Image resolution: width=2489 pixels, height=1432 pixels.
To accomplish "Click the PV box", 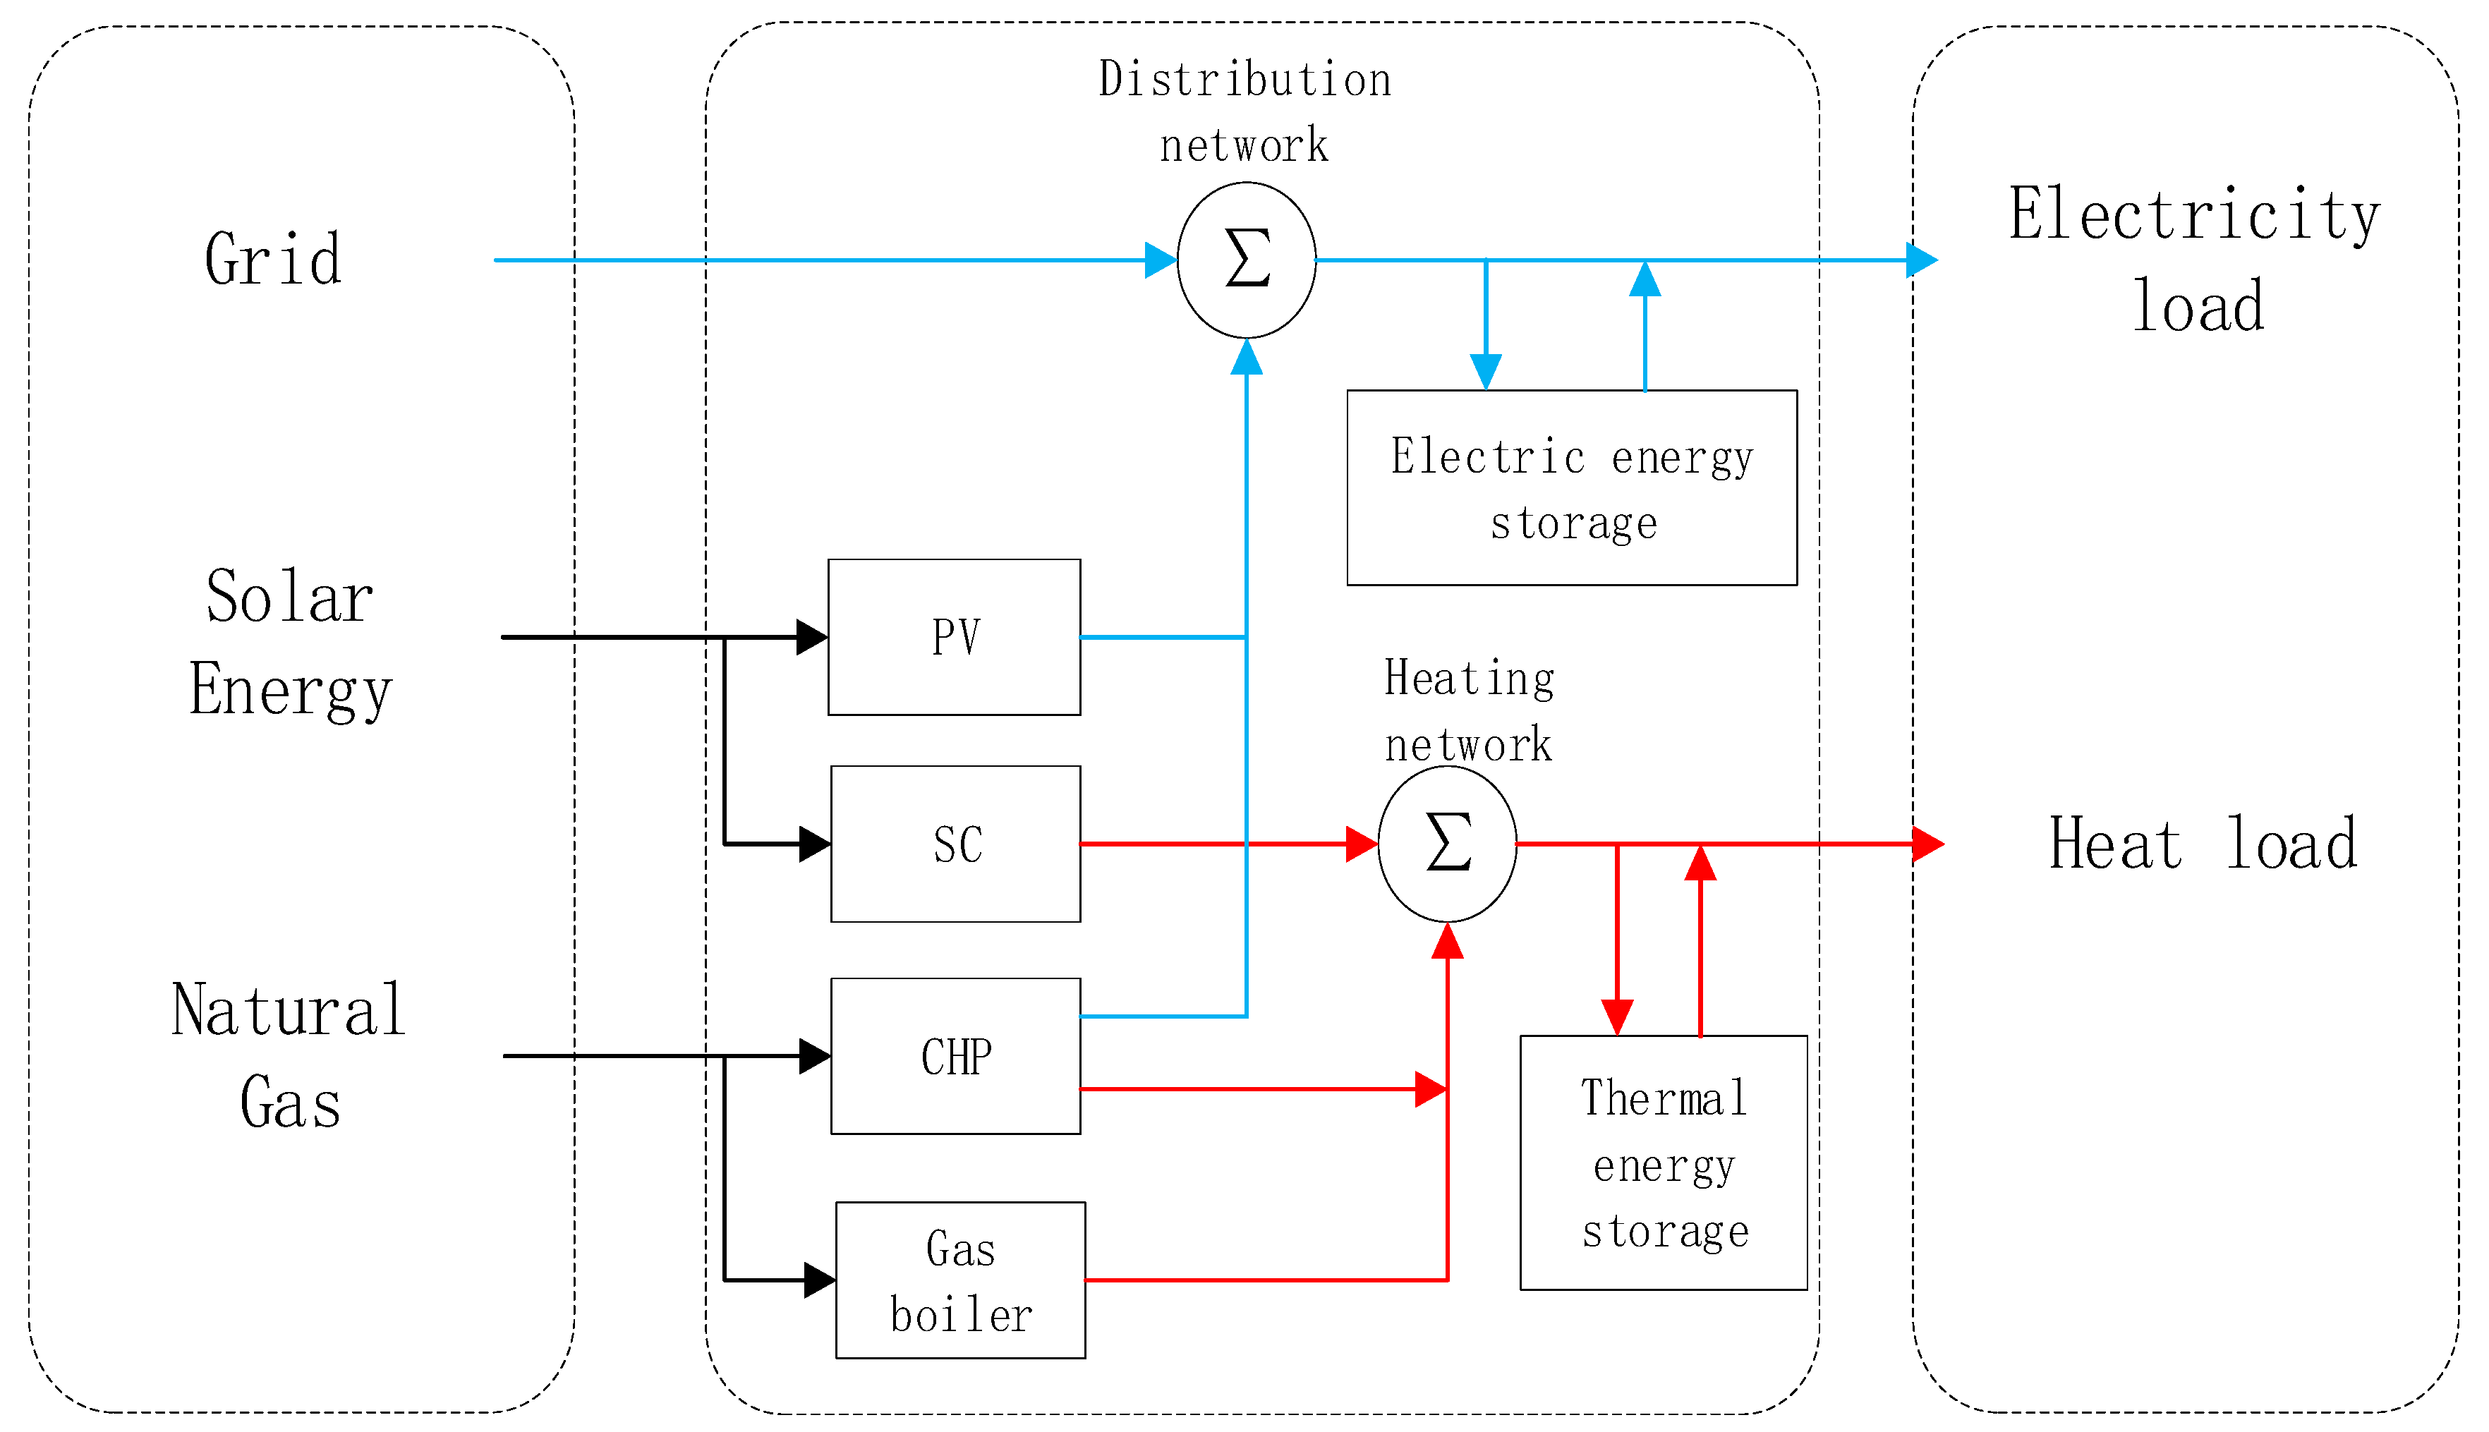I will [x=954, y=637].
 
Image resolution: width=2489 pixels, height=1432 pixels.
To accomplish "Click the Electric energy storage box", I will [x=1571, y=488].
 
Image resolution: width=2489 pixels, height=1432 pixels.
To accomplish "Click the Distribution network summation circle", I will [x=1246, y=260].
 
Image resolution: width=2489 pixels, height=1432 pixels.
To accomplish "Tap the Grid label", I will [x=274, y=260].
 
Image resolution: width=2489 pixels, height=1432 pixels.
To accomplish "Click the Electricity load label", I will [x=2195, y=260].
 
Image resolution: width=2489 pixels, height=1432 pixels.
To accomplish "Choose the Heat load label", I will [x=2203, y=844].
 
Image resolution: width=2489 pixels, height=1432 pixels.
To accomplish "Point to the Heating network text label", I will [x=1470, y=711].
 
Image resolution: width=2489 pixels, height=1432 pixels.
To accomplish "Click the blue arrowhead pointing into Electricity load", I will [x=1922, y=260].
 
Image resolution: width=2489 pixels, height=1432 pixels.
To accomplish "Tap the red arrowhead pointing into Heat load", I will [x=1927, y=844].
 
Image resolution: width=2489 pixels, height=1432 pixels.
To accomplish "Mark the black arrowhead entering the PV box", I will [x=811, y=637].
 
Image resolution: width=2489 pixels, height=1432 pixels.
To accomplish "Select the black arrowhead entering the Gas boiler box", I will [x=819, y=1280].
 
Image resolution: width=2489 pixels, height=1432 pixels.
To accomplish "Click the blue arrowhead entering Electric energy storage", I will [x=1485, y=372].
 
